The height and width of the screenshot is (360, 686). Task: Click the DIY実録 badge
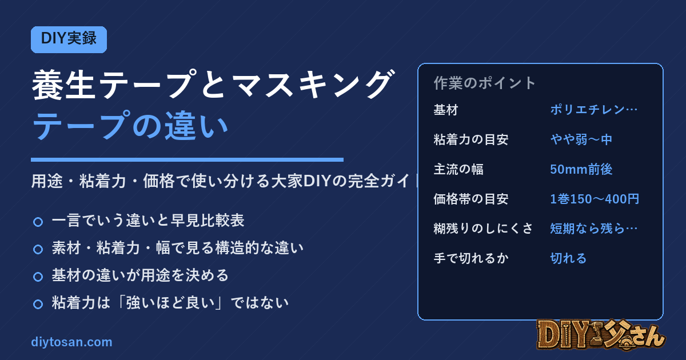pos(69,39)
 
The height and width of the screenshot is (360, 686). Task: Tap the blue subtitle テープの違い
pos(130,126)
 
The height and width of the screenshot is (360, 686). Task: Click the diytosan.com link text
pos(71,342)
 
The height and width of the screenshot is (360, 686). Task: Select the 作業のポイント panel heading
pos(485,83)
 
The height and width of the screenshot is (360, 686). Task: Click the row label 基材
pos(446,110)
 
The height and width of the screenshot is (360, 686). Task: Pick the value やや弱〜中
pos(581,139)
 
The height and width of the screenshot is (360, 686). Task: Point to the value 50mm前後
pos(581,169)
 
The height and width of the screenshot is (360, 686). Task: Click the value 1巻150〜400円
pos(595,199)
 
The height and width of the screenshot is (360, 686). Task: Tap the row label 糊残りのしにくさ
pos(483,229)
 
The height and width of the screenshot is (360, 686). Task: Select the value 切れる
pos(568,258)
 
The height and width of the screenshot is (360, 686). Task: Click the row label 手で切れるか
pos(471,258)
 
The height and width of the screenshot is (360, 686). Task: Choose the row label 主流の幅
pos(458,169)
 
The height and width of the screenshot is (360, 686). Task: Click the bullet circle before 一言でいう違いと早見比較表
pos(38,222)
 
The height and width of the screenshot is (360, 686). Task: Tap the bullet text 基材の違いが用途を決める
pos(140,275)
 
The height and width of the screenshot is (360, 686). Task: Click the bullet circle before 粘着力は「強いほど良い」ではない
pos(38,304)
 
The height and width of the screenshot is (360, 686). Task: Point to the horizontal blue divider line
pos(187,159)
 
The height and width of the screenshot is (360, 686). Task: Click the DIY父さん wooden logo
pos(601,335)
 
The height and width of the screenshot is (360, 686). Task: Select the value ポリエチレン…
pos(593,110)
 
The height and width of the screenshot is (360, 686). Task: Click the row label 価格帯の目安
pos(471,199)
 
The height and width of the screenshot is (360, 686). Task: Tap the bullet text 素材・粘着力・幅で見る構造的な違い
pos(178,247)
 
